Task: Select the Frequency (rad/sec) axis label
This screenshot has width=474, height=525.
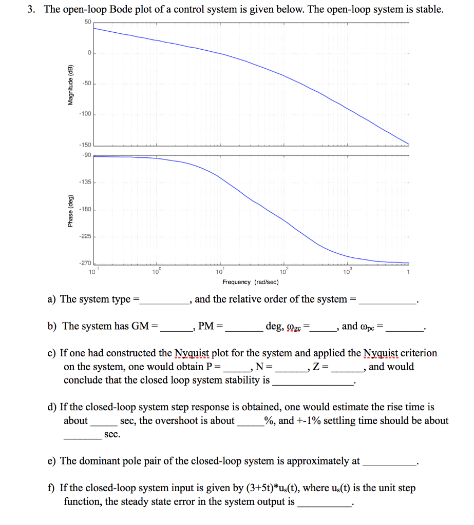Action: click(251, 282)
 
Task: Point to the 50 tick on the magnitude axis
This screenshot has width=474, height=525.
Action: click(86, 22)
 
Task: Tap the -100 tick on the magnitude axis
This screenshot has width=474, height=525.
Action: click(85, 114)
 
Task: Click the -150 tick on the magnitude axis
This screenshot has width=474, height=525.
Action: click(85, 145)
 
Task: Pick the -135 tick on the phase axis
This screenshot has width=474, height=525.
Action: click(85, 182)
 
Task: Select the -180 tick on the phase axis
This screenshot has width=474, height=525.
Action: click(85, 210)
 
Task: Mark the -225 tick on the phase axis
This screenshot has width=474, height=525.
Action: click(85, 237)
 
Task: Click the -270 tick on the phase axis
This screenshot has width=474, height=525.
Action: click(85, 263)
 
